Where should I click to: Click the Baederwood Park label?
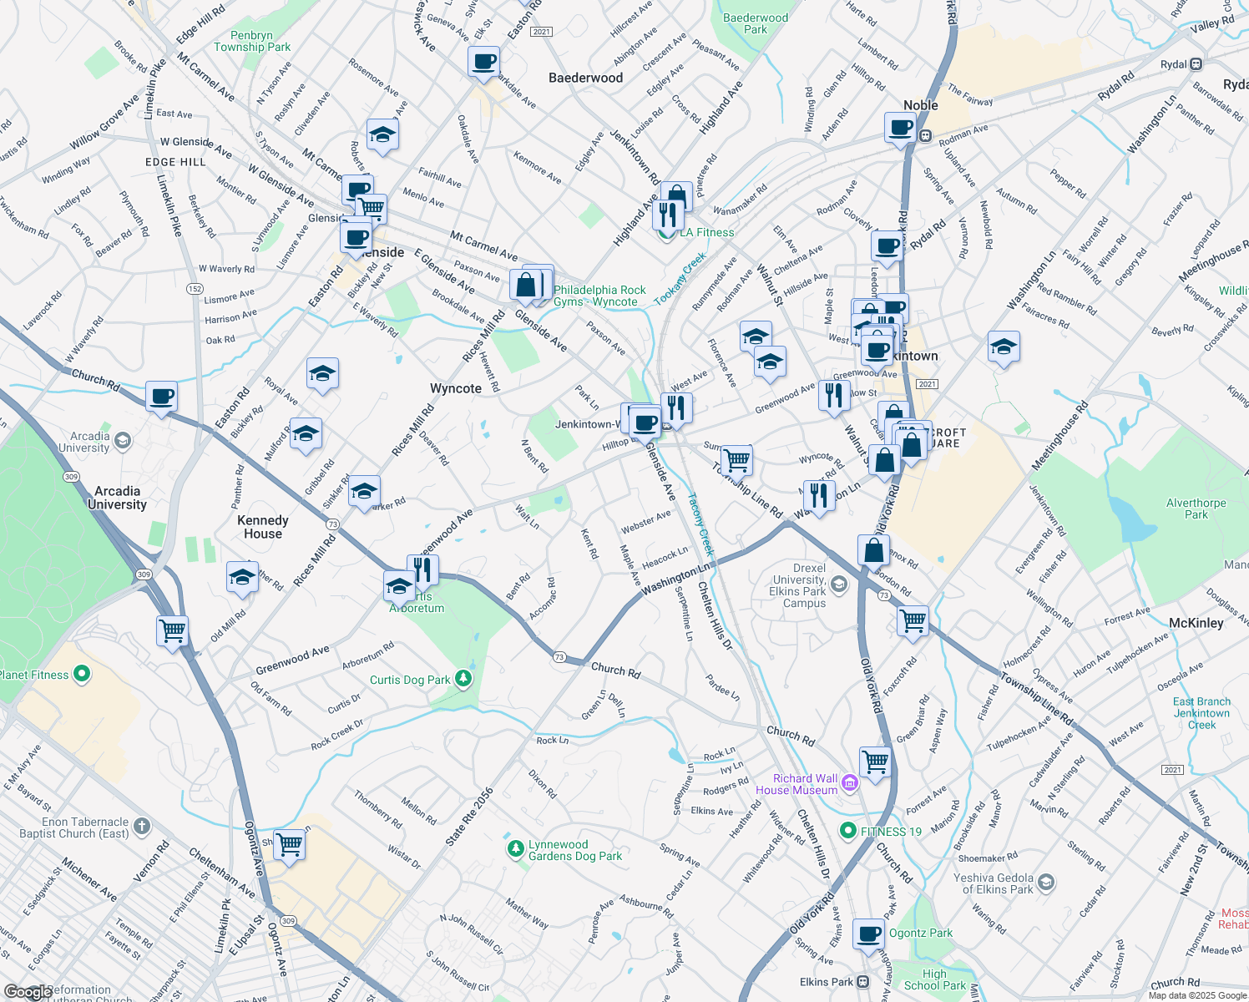coord(755,23)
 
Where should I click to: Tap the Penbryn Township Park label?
coord(252,41)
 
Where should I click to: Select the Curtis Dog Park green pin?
coord(464,679)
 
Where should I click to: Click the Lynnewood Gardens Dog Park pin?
coord(515,849)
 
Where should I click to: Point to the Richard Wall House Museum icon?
coord(850,782)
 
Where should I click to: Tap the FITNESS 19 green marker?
coord(848,831)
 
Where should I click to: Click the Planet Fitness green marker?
coord(82,674)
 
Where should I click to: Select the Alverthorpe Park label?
coord(1196,509)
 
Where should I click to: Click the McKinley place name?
coord(1196,623)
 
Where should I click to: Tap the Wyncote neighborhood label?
coord(455,388)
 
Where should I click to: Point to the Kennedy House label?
coord(262,527)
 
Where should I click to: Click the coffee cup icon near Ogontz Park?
coord(869,934)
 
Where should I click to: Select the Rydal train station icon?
coord(1196,64)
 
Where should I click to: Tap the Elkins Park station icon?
coord(862,982)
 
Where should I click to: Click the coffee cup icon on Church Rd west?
coord(161,397)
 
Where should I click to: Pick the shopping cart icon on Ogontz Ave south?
coord(289,844)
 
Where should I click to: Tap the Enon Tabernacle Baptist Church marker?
coord(142,827)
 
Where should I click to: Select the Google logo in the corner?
coord(27,992)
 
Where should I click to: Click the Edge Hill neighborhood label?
coord(175,162)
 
